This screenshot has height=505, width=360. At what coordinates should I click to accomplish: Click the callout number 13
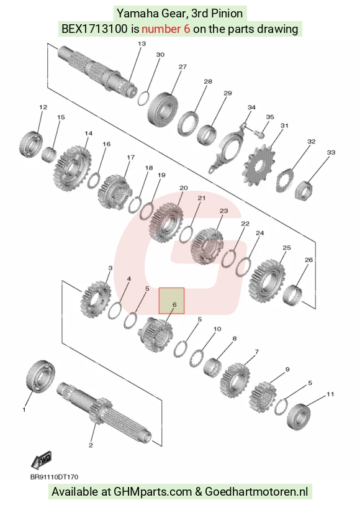pos(142,43)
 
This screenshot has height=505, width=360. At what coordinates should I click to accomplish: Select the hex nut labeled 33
pos(304,190)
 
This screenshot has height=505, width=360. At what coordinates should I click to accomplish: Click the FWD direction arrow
pos(42,460)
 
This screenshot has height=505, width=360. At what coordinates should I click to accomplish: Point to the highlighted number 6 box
pos(171,301)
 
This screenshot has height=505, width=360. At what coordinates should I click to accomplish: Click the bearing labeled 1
pos(40,376)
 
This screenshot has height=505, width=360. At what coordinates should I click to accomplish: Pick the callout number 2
pos(91,445)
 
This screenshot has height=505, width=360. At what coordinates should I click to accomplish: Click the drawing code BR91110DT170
pos(54,477)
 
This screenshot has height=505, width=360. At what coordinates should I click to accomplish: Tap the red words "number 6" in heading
pos(166,29)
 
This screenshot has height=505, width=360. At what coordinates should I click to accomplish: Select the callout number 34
pos(251,107)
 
